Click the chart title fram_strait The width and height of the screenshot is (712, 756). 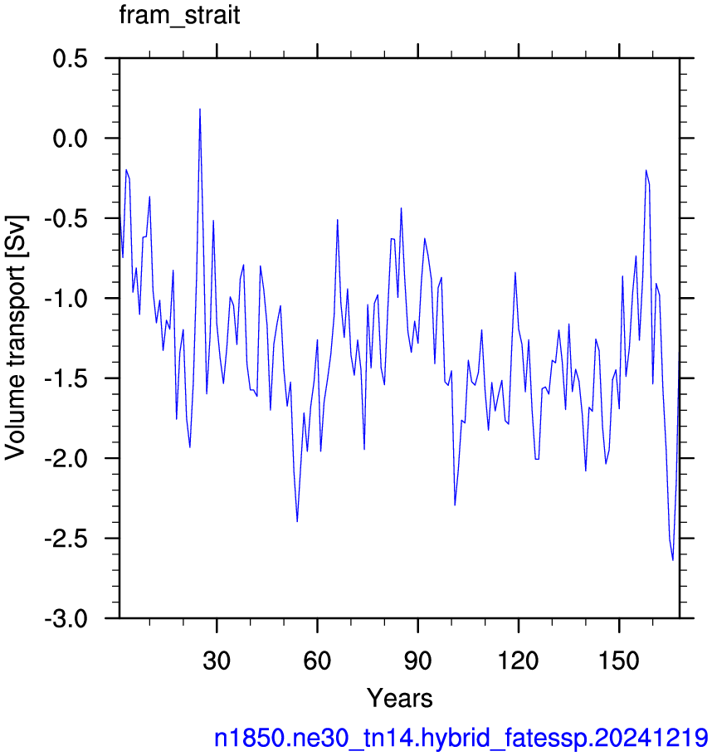pos(179,16)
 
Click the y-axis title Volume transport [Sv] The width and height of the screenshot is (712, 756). pos(16,338)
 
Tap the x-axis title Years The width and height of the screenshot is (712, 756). pos(400,698)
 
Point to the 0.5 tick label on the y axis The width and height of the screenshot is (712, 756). pos(70,59)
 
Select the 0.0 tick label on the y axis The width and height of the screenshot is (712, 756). pos(70,139)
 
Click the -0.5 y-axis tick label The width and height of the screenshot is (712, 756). pos(66,219)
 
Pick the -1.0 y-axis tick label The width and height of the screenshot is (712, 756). pos(66,299)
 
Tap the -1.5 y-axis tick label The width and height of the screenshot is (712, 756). pos(66,379)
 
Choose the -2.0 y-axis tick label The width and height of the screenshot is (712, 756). pos(66,459)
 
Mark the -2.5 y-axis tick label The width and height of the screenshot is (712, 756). pos(66,539)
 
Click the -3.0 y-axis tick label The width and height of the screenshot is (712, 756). pos(66,618)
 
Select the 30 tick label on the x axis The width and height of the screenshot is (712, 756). pos(217,661)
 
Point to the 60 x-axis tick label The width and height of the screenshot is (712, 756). pos(317,661)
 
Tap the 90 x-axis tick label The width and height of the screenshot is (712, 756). pos(418,661)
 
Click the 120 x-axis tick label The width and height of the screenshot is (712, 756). pos(518,661)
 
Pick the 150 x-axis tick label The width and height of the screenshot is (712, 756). pos(619,661)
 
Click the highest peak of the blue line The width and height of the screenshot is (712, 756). pos(199,109)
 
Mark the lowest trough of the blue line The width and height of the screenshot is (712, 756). pos(672,560)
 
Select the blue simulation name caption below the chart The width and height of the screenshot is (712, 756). pos(461,739)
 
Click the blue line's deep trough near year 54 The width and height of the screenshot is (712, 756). pos(297,521)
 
